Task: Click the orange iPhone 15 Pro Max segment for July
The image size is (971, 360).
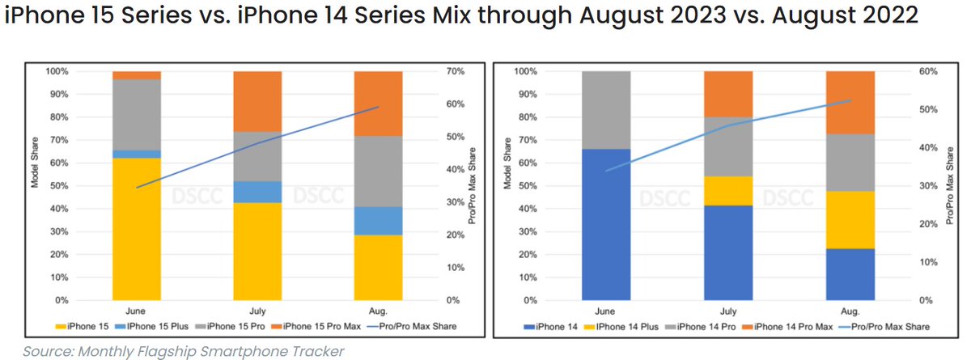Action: (x=257, y=101)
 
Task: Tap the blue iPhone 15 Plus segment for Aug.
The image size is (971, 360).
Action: (x=379, y=221)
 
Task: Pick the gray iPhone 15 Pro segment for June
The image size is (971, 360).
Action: (x=137, y=114)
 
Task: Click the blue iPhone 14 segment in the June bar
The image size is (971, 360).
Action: (x=606, y=224)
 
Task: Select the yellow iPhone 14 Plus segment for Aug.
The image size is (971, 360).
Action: (x=850, y=219)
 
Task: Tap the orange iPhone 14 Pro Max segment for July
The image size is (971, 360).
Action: (x=727, y=94)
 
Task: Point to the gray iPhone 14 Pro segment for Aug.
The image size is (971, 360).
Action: (x=850, y=162)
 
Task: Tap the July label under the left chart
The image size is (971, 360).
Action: (x=257, y=311)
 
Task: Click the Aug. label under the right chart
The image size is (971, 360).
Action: (x=850, y=311)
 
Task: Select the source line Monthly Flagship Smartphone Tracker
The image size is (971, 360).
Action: (x=183, y=350)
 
